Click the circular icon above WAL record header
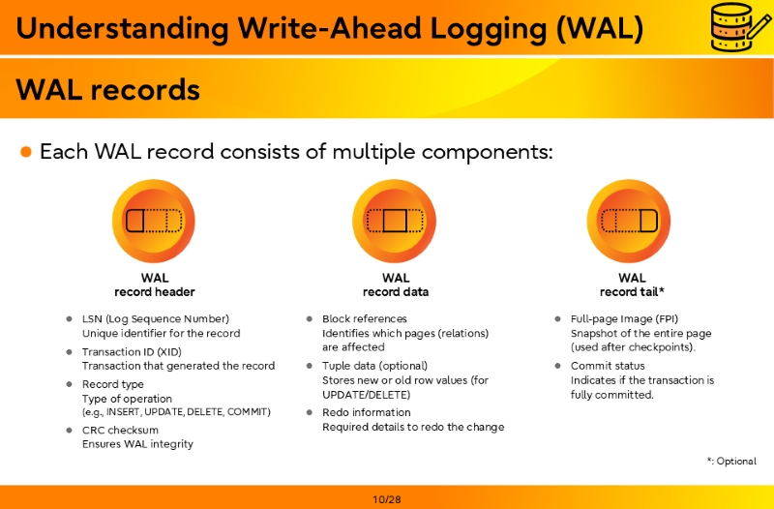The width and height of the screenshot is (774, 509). click(154, 221)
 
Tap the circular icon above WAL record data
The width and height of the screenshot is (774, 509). click(395, 221)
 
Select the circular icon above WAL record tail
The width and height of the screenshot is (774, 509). click(629, 221)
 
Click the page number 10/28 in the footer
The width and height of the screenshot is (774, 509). click(387, 499)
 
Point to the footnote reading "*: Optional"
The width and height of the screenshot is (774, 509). click(731, 462)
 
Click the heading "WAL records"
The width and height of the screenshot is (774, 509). click(108, 89)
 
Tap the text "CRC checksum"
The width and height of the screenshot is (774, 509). click(120, 430)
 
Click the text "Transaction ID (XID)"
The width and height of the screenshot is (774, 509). click(132, 352)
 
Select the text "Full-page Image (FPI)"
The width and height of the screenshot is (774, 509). click(624, 319)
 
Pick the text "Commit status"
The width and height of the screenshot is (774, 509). click(608, 366)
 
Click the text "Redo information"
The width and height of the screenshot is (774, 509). click(367, 412)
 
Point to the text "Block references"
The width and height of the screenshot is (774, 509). click(365, 319)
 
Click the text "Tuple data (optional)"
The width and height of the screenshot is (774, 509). click(375, 366)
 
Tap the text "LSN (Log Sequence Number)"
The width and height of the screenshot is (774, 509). click(156, 319)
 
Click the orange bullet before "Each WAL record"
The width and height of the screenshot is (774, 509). click(26, 152)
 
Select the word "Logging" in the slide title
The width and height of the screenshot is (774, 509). click(489, 28)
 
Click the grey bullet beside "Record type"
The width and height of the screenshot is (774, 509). click(69, 383)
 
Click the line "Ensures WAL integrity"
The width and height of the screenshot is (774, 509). click(137, 444)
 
